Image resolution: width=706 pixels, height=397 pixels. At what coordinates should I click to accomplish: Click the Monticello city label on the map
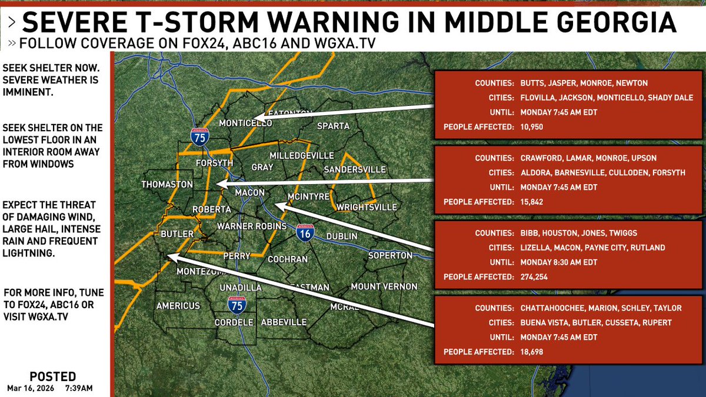[x=245, y=124]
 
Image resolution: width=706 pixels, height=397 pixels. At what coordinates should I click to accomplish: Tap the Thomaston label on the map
[x=167, y=185]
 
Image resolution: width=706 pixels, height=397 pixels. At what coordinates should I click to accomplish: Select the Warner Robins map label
[x=252, y=226]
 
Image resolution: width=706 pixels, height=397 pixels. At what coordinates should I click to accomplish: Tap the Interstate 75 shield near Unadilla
[x=237, y=305]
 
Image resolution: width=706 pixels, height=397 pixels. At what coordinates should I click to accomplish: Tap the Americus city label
[x=178, y=306]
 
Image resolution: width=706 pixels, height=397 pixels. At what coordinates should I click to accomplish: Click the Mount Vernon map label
[x=384, y=287]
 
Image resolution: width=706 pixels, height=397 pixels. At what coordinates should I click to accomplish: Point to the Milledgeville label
[x=301, y=156]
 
